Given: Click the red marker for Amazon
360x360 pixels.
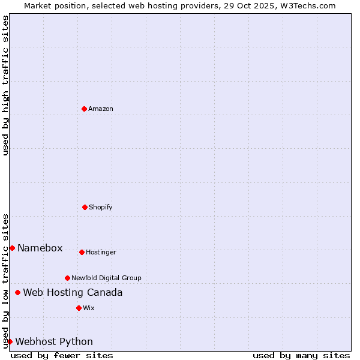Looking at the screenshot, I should coord(84,109).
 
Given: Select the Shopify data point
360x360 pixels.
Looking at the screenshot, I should coord(85,207).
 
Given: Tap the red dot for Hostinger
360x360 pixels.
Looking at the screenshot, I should coord(82,252).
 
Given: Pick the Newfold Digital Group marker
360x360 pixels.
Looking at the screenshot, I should coord(67,278).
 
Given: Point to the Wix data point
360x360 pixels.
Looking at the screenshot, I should coord(79,308).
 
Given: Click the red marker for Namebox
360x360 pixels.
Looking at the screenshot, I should coord(12,248).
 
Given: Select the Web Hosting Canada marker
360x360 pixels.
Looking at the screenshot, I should coord(17,292).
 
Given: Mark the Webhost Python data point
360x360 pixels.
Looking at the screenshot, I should coord(10,341).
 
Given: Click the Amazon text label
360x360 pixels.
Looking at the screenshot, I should coord(101,109).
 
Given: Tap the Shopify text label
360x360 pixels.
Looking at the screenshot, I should coord(101,207).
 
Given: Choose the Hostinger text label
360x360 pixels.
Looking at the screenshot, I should coord(101,252).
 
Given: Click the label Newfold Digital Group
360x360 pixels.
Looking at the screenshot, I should coord(106,278).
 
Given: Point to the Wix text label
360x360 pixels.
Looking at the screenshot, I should coord(89,308).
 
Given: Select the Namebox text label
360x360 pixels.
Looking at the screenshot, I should coord(40,248).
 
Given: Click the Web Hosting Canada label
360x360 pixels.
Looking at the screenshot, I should coord(73,292).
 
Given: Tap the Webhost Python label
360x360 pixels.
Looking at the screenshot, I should coord(54,341).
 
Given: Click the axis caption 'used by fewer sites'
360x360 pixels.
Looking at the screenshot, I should coord(62,355).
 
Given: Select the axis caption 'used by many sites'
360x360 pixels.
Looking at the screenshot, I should coord(301,355).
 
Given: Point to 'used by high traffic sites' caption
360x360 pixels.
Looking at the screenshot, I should coord(5,85).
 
